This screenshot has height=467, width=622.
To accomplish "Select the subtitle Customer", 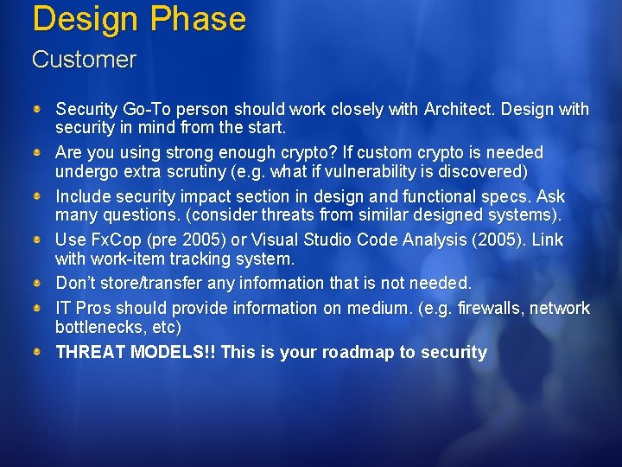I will [84, 60].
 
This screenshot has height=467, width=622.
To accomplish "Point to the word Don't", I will [76, 283].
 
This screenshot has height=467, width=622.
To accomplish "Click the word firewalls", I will [490, 308].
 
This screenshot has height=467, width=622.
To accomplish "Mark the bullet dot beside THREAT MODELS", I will [38, 352].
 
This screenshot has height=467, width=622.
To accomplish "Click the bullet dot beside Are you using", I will [38, 152].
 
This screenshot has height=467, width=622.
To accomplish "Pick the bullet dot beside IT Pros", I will [38, 308].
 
